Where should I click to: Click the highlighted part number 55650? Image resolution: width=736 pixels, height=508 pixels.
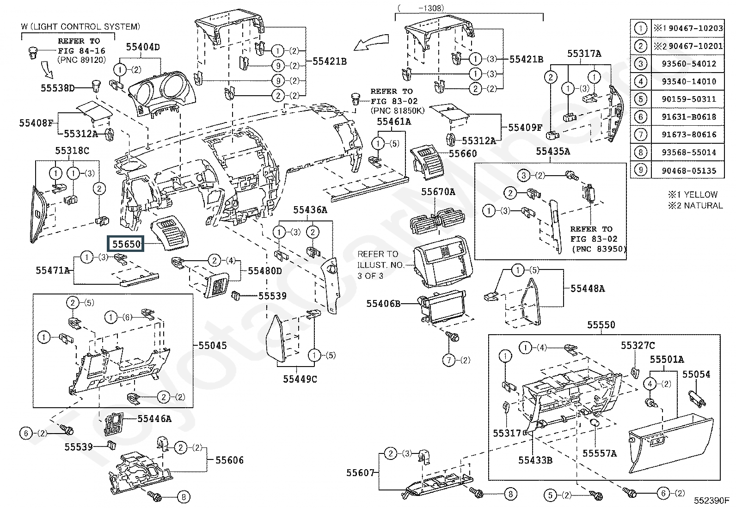pyautogui.click(x=126, y=244)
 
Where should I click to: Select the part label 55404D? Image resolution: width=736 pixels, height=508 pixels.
pyautogui.click(x=143, y=47)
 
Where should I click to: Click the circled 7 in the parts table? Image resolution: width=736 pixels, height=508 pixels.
pyautogui.click(x=640, y=135)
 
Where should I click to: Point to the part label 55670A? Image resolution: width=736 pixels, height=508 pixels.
pyautogui.click(x=438, y=191)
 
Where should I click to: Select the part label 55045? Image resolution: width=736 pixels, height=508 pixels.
pyautogui.click(x=213, y=345)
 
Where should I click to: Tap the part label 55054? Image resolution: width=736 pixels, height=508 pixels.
pyautogui.click(x=696, y=374)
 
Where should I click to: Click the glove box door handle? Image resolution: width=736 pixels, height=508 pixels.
pyautogui.click(x=656, y=442)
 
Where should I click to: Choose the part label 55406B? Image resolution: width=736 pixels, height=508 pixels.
pyautogui.click(x=383, y=304)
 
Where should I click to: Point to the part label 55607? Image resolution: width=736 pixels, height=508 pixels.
pyautogui.click(x=360, y=472)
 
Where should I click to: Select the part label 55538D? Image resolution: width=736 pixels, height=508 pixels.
pyautogui.click(x=57, y=88)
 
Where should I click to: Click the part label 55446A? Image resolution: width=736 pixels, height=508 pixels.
pyautogui.click(x=154, y=419)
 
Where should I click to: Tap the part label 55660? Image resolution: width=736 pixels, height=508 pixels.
pyautogui.click(x=463, y=153)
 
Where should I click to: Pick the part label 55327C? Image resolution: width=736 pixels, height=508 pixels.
pyautogui.click(x=638, y=345)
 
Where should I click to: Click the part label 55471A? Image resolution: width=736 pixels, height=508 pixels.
pyautogui.click(x=53, y=270)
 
